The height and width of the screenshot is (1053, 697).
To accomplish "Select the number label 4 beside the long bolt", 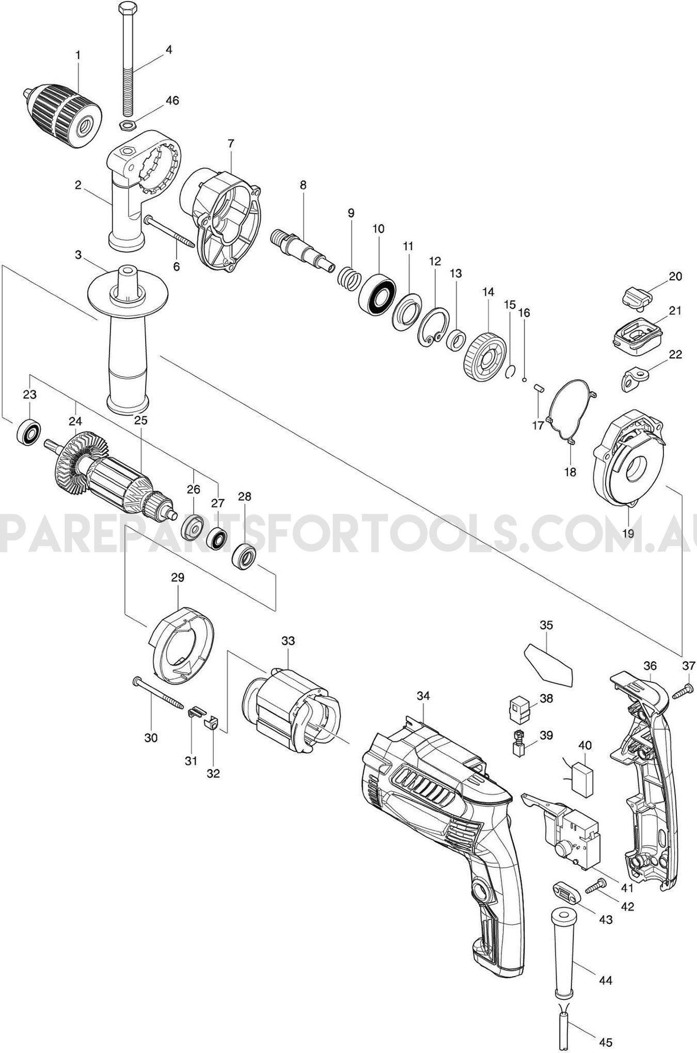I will [169, 50].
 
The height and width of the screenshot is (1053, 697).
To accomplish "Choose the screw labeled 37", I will [681, 691].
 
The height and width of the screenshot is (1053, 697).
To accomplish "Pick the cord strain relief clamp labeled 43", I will [564, 890].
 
